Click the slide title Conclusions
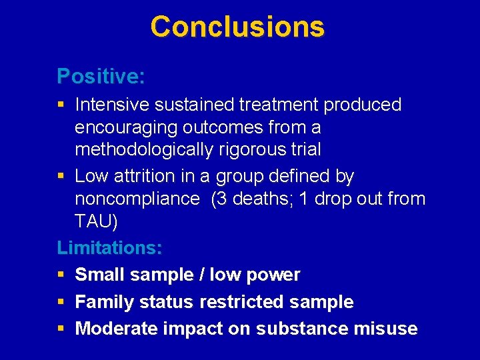(x=237, y=27)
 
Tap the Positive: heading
(x=101, y=76)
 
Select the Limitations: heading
(x=109, y=248)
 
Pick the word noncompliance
(x=137, y=199)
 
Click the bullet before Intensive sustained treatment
(x=61, y=105)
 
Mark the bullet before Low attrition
(x=61, y=177)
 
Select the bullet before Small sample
(x=61, y=275)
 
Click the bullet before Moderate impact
(x=61, y=329)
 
